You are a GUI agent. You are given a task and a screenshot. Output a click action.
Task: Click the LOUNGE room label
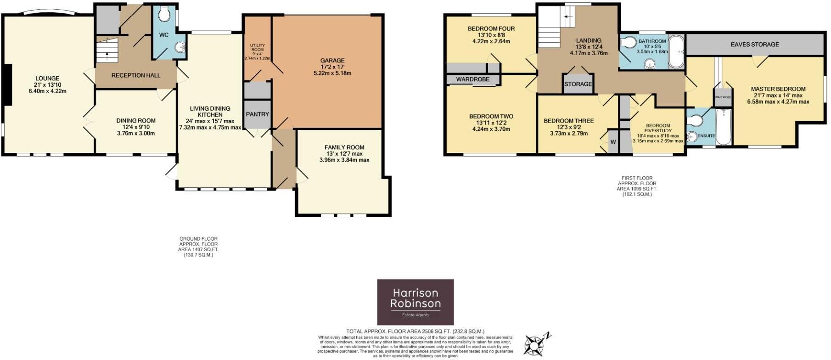(47, 79)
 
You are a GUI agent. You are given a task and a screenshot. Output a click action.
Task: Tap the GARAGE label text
(332, 61)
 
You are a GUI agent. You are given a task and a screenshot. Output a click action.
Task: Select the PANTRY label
(257, 114)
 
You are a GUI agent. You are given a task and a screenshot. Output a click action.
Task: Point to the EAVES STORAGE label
(755, 45)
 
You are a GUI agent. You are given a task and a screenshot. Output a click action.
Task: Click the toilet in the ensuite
(694, 120)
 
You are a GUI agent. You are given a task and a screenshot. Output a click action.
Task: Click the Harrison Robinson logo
(415, 302)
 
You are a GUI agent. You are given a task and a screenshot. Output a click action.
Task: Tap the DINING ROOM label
(136, 121)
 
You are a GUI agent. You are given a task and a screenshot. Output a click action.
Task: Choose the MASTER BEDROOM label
(778, 89)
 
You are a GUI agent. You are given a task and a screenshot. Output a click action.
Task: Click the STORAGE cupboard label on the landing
(578, 84)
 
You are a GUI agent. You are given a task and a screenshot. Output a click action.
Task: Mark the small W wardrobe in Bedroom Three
(613, 142)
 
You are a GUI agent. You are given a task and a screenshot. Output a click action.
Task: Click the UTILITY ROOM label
(257, 47)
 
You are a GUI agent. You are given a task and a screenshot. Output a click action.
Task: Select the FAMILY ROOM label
(344, 147)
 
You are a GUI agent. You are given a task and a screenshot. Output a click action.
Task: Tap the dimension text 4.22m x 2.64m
(491, 41)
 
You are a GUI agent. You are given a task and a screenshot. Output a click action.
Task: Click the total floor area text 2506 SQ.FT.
(415, 331)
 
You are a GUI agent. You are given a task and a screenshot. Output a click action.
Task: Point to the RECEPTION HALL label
(136, 75)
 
